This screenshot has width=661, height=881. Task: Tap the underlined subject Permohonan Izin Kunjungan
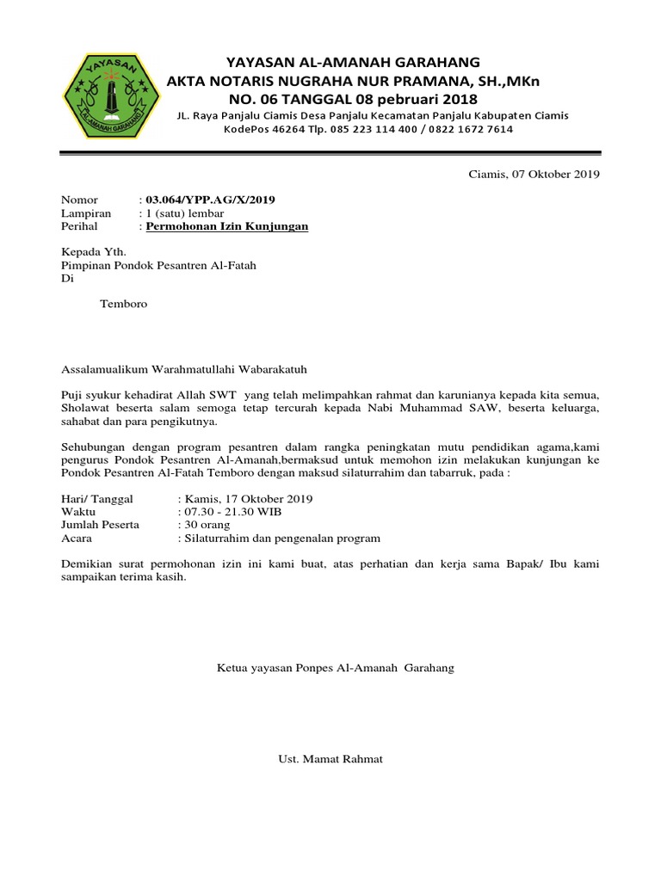(227, 226)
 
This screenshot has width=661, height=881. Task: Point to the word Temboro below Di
(124, 305)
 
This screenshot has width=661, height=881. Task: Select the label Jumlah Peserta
(100, 525)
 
